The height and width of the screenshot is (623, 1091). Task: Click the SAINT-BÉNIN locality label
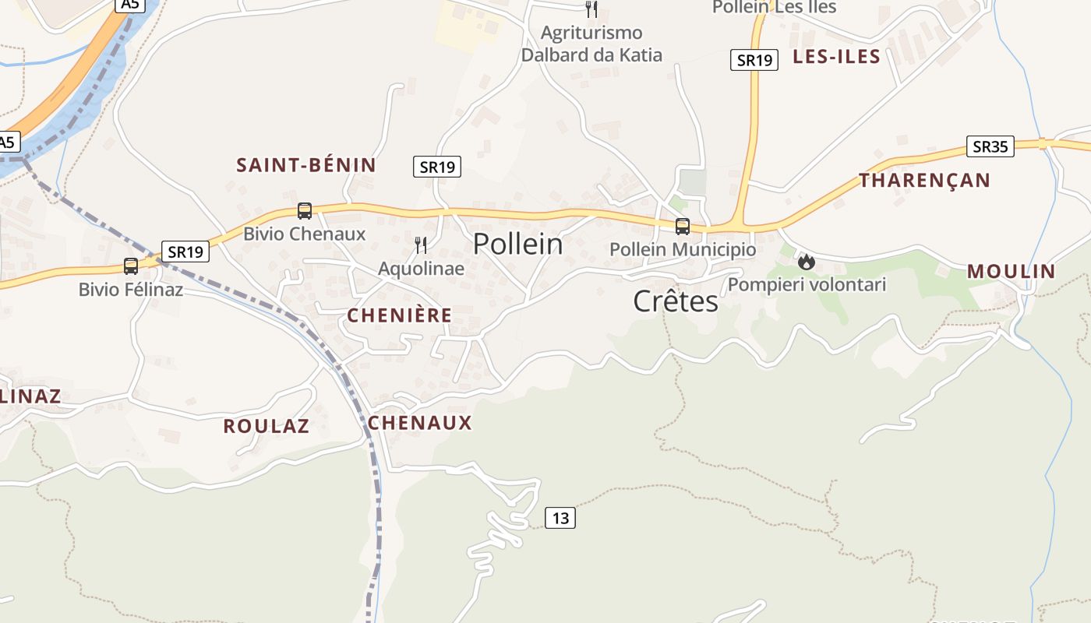click(306, 165)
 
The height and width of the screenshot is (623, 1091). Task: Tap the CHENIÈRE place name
click(399, 315)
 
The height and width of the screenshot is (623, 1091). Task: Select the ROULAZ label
click(266, 427)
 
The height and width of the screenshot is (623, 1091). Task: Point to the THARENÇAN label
click(924, 181)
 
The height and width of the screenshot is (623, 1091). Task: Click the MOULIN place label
click(1011, 272)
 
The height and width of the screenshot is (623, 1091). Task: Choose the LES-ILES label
click(836, 57)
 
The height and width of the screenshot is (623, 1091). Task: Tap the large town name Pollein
click(517, 244)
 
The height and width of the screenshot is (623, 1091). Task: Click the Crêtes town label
click(675, 301)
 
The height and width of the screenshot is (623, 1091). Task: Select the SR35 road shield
click(990, 146)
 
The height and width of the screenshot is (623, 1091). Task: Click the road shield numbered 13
click(560, 517)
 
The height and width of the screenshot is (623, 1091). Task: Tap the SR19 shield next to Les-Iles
click(754, 60)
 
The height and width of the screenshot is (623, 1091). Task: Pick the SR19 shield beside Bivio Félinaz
click(186, 252)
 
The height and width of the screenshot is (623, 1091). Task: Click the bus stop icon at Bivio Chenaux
click(305, 211)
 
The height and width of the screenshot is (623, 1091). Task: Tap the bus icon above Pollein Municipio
click(683, 227)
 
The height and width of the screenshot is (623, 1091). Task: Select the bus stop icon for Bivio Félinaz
click(131, 266)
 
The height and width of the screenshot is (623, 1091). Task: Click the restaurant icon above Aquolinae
click(421, 246)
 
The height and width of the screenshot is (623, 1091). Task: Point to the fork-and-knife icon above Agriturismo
click(591, 9)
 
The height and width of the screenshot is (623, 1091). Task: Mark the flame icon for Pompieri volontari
click(807, 262)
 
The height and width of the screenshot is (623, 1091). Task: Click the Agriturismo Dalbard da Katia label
click(591, 44)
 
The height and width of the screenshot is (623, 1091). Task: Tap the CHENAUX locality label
click(419, 423)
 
